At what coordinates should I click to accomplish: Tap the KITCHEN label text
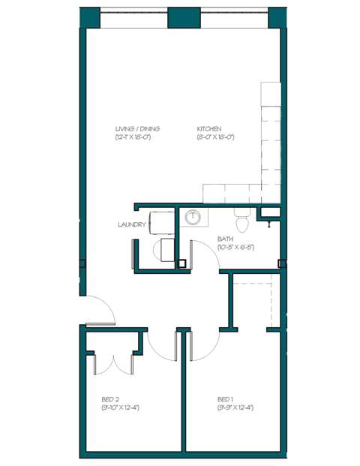(209, 128)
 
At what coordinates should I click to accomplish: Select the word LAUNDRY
(130, 224)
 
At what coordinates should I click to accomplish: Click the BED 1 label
(225, 398)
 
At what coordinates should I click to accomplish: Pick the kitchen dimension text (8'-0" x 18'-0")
(216, 137)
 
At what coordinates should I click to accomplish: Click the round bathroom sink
(194, 218)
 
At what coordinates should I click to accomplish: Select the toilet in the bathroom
(241, 221)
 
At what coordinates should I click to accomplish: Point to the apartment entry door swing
(100, 309)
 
